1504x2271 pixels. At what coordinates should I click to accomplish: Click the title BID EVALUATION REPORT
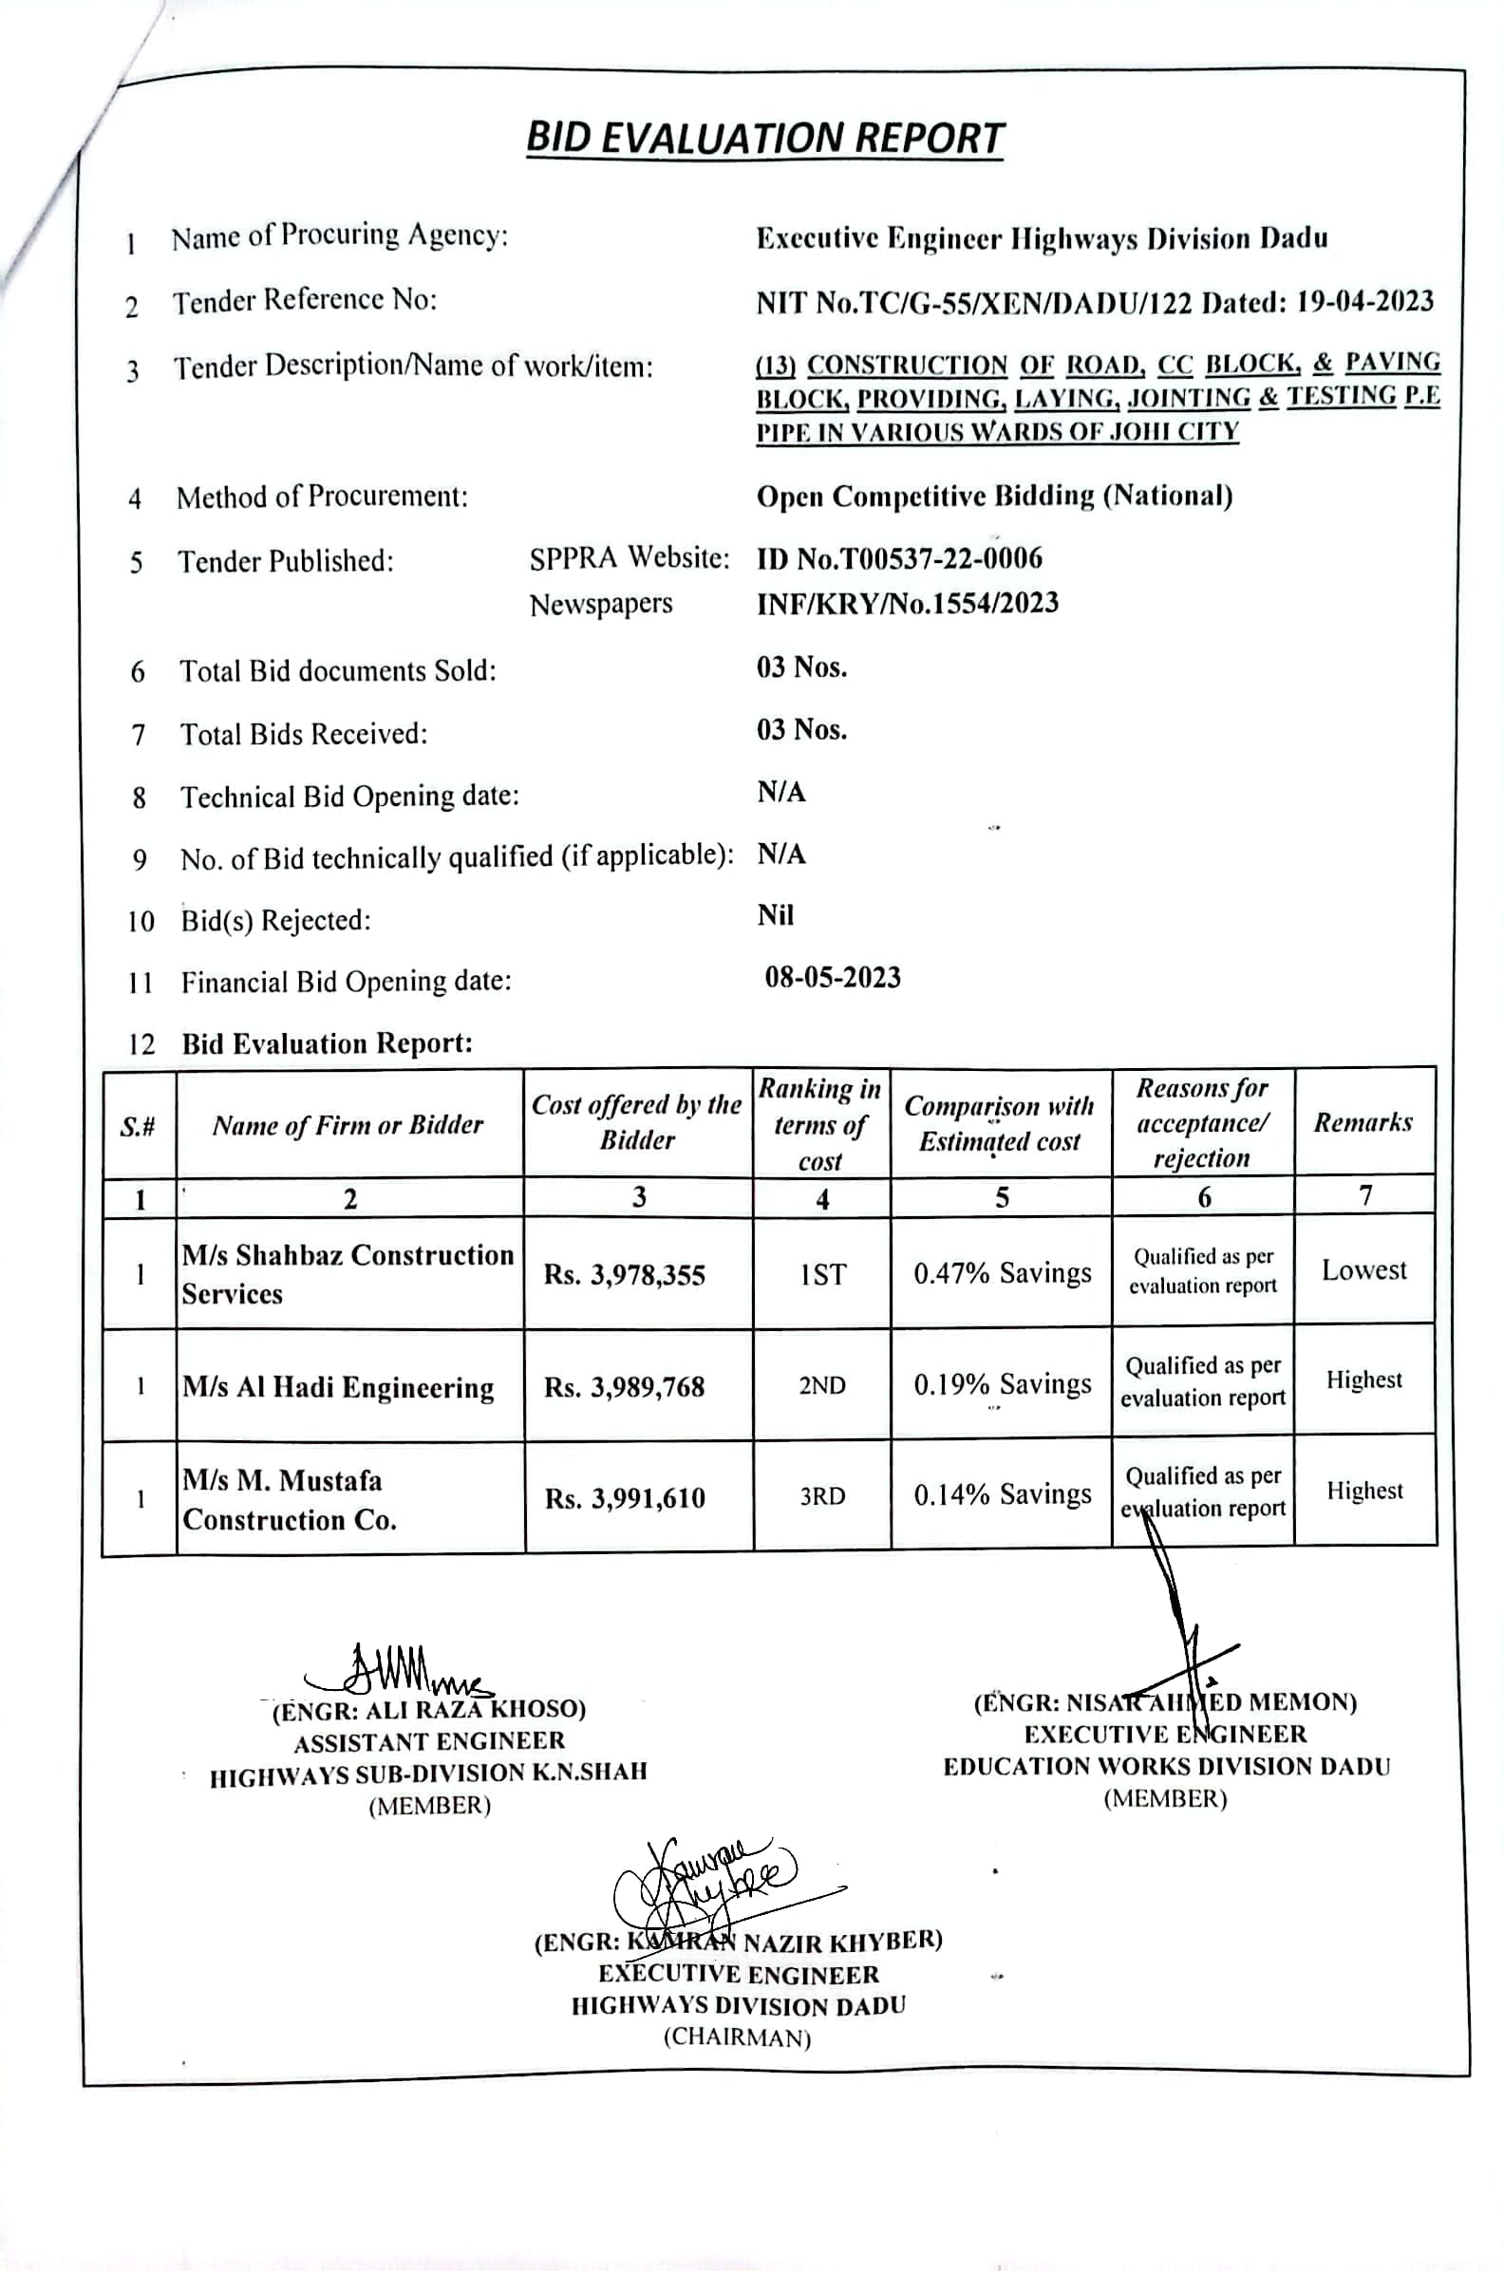tap(764, 139)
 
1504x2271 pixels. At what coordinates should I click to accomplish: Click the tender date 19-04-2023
tap(1365, 302)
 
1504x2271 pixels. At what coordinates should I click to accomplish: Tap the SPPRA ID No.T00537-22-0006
tap(899, 558)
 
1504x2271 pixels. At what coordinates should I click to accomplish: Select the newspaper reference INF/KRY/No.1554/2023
tap(907, 603)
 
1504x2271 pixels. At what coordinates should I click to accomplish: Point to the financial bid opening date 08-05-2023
tap(833, 978)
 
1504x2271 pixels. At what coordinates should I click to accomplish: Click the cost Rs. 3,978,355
tap(625, 1274)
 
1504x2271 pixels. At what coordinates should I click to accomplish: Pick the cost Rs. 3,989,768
tap(625, 1387)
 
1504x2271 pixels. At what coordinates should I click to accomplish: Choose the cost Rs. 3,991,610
tap(626, 1498)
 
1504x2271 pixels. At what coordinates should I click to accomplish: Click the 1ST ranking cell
tap(822, 1274)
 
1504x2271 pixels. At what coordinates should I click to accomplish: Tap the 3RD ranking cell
tap(822, 1497)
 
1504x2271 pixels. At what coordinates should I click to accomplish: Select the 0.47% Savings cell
tap(1003, 1273)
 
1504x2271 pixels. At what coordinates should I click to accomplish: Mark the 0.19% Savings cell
tap(1003, 1385)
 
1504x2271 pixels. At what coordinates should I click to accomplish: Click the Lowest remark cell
tap(1364, 1270)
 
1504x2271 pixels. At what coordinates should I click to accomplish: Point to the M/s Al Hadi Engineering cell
tap(339, 1388)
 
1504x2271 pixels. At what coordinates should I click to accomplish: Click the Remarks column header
tap(1363, 1123)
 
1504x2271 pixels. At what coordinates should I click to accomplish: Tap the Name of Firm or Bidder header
tap(348, 1125)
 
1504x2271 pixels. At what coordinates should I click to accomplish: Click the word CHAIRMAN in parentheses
tap(737, 2038)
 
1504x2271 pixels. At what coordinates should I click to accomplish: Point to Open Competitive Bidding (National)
tap(994, 497)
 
